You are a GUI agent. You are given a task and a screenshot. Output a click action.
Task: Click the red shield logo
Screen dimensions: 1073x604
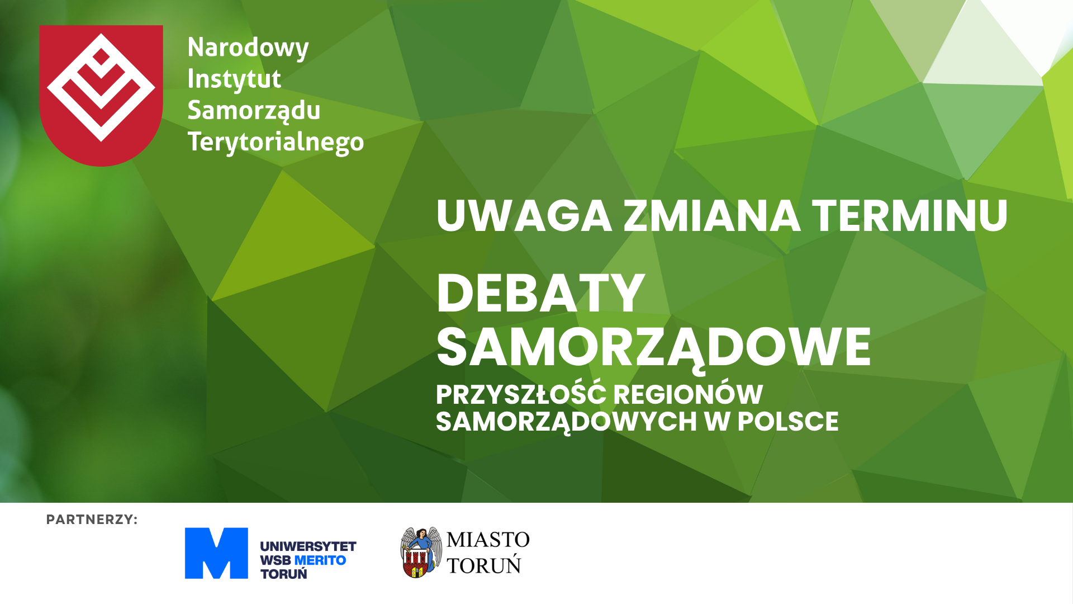101,95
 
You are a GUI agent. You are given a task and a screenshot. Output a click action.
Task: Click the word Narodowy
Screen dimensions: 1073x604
248,48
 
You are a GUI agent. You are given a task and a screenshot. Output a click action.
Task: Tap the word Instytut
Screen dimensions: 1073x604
234,79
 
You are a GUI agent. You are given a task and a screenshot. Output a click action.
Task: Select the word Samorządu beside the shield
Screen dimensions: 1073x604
254,110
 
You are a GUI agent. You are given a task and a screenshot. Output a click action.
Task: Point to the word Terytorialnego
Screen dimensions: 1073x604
276,142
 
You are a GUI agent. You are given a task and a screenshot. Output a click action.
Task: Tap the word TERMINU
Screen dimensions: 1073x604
910,216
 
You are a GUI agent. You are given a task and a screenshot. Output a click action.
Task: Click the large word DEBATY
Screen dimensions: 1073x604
540,293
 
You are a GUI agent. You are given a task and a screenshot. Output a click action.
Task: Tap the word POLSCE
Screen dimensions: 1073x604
788,422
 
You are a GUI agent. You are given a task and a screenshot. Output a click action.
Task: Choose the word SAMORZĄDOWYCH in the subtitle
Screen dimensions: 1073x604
566,423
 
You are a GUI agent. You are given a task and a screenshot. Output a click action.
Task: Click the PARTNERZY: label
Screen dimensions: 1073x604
92,520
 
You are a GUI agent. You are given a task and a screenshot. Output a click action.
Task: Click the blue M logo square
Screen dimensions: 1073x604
216,553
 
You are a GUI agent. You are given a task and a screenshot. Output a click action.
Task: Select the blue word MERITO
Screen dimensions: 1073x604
320,560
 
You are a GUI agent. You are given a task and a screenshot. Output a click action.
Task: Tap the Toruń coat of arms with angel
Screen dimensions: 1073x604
420,553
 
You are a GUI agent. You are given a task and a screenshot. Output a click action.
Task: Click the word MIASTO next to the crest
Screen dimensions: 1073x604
488,540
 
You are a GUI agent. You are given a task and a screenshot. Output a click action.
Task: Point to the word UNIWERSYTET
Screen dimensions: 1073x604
308,546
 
